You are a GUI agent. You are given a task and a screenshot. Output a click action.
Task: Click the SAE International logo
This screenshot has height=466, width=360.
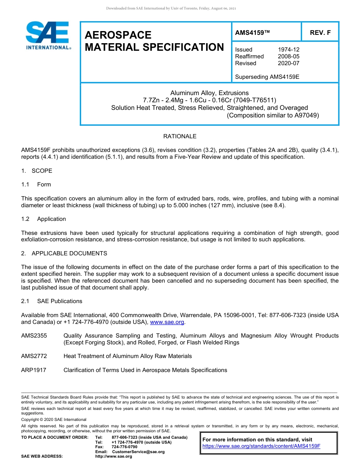[x=47, y=36]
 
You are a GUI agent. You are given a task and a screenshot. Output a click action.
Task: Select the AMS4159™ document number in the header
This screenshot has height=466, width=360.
[x=252, y=33]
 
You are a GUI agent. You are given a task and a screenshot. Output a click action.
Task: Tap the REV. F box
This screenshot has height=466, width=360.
[x=320, y=33]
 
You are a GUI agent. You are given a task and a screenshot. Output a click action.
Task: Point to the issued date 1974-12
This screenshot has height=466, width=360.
[x=288, y=50]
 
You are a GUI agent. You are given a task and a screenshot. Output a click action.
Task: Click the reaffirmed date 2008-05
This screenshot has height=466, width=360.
[x=288, y=56]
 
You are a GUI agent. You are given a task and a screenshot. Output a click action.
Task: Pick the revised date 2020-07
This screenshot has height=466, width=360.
[x=288, y=63]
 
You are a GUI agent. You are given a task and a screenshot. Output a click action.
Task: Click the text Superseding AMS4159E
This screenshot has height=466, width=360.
[x=267, y=77]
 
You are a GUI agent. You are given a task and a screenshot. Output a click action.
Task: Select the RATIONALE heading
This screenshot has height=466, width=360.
[x=180, y=136]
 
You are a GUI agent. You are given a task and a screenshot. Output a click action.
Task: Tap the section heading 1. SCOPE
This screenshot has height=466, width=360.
[x=37, y=171]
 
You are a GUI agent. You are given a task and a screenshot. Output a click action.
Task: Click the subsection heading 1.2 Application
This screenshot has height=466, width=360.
[x=44, y=219]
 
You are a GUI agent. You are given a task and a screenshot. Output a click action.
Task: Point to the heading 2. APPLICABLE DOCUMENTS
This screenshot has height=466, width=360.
[x=64, y=253]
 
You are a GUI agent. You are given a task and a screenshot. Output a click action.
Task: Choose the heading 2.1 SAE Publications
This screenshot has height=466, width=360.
[x=52, y=301]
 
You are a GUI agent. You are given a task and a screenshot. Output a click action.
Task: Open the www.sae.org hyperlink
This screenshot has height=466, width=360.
[x=167, y=322]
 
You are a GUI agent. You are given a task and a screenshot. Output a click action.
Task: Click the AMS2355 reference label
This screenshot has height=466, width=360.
[x=34, y=336]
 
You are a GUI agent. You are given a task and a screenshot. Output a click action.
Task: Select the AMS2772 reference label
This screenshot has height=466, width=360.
[x=34, y=356]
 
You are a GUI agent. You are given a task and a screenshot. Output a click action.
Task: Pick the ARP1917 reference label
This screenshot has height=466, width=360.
[x=34, y=370]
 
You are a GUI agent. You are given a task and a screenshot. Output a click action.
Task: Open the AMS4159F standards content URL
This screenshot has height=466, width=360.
[x=261, y=446]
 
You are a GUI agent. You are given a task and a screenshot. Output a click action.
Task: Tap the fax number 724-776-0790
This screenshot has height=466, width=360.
[x=124, y=447]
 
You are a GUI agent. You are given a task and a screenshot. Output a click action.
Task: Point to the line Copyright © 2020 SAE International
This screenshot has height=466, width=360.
[x=54, y=419]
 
